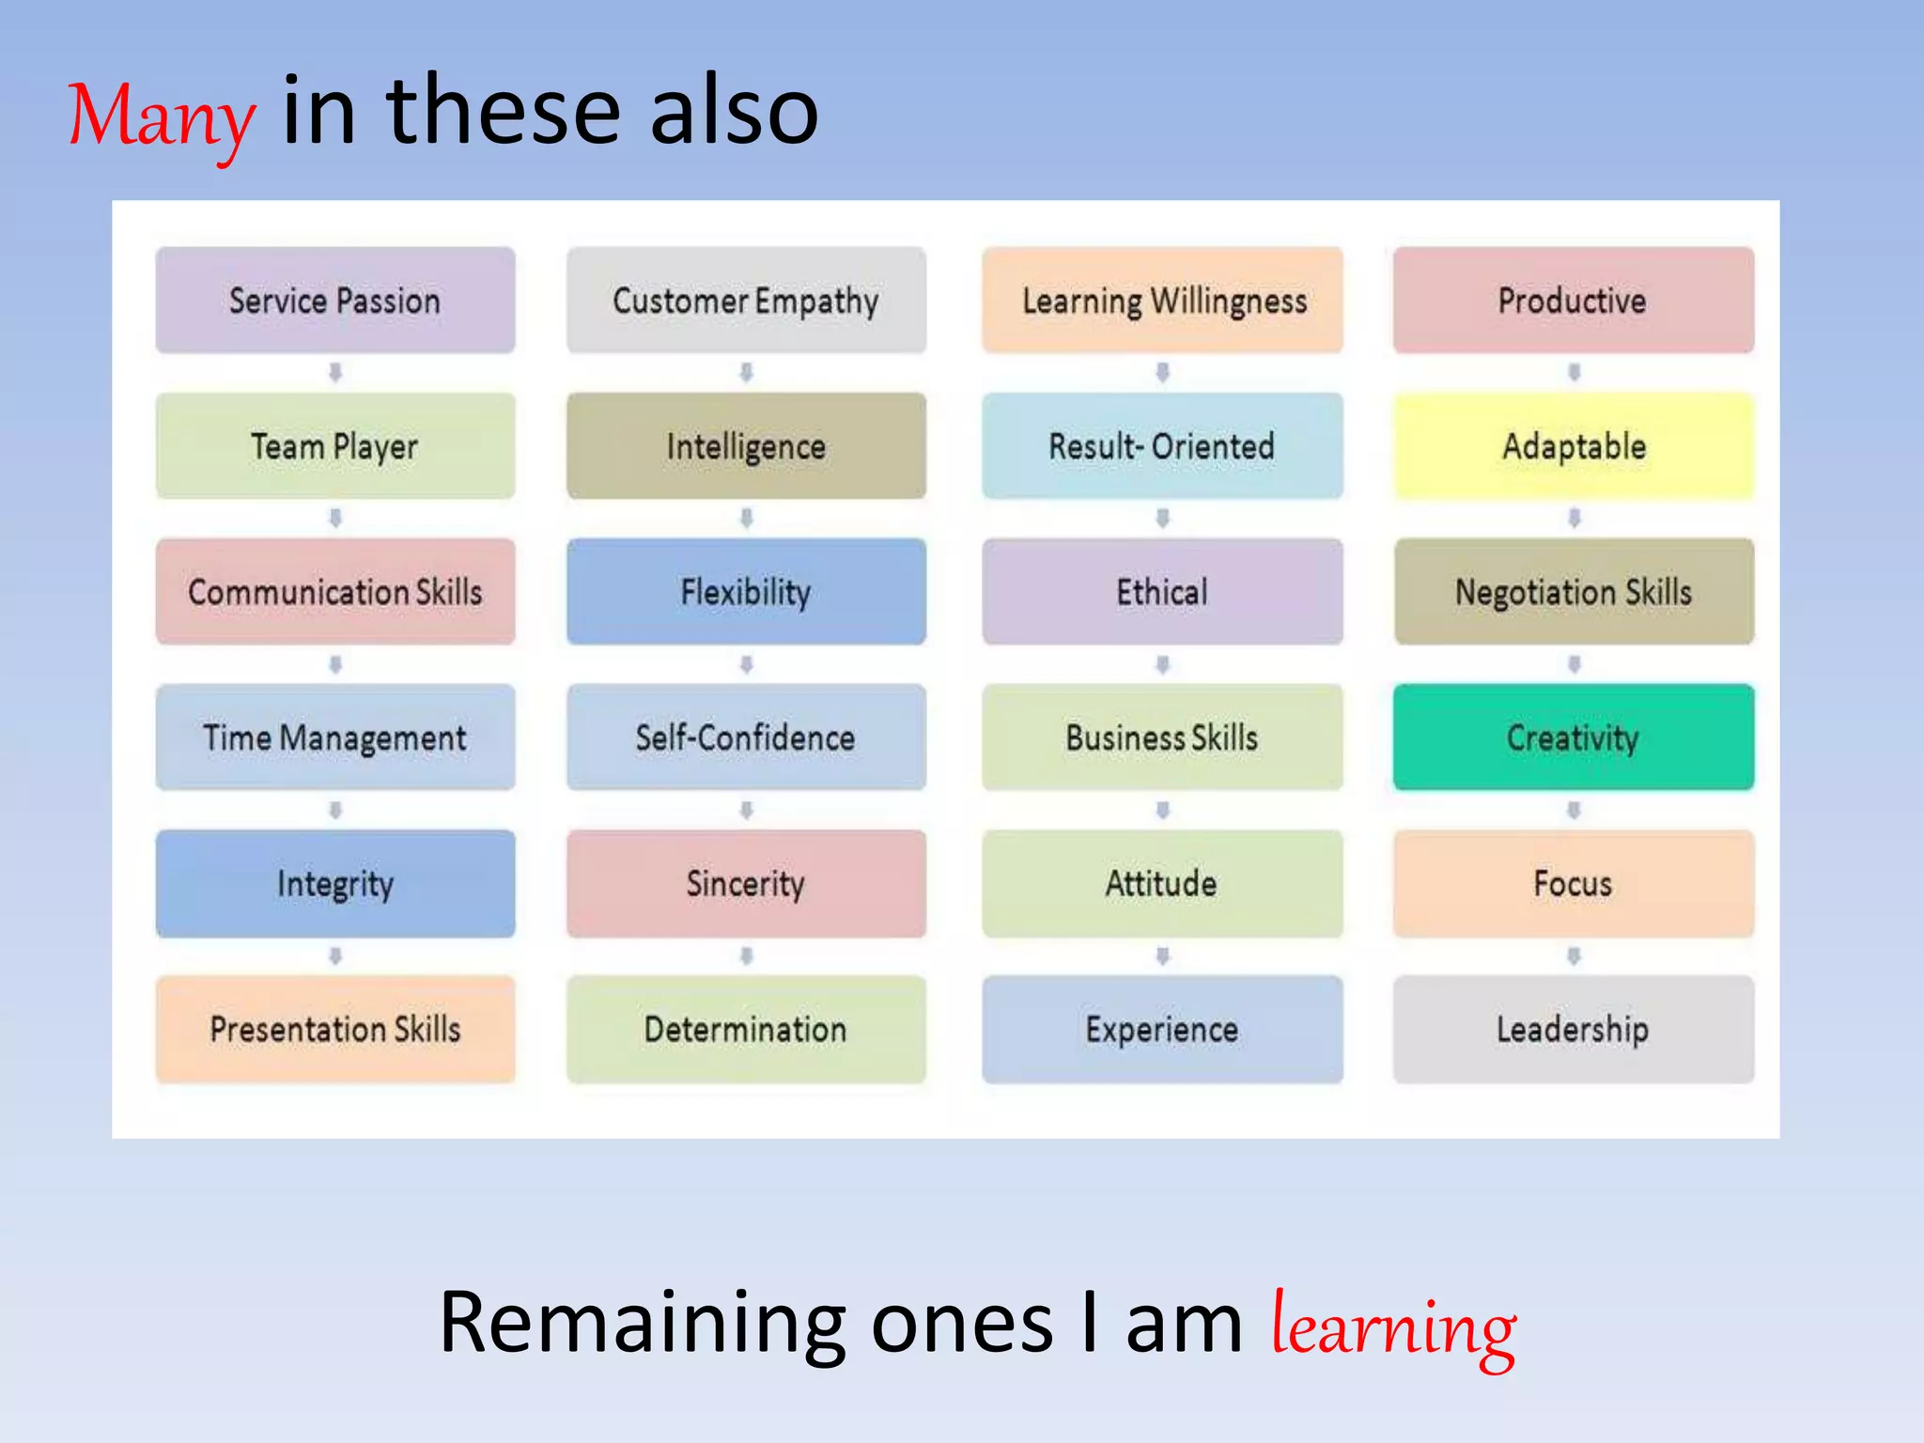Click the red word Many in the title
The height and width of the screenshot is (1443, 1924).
pos(162,116)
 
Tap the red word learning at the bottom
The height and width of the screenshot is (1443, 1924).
pos(1393,1326)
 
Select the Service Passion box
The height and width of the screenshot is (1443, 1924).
pos(335,301)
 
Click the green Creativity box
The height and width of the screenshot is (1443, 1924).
pos(1574,737)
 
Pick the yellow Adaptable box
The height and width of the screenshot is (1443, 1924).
pos(1574,446)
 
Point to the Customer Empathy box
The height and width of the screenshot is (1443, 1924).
pos(746,301)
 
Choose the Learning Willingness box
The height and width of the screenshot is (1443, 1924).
pos(1163,301)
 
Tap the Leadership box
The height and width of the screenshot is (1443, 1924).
pos(1574,1029)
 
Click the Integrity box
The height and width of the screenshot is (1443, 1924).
pos(335,883)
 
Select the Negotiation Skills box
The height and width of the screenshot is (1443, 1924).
pos(1574,592)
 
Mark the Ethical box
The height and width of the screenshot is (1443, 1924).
pos(1163,592)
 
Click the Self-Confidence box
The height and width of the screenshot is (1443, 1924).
pos(746,737)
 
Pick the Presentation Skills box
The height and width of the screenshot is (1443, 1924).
pos(335,1029)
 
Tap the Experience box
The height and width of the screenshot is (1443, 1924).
pos(1163,1029)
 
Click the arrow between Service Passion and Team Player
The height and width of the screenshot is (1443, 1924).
pos(335,373)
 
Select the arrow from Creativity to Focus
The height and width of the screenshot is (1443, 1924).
pos(1575,810)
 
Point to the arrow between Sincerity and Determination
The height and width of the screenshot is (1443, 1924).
pos(747,956)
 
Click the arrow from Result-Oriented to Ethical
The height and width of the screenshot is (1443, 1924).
pos(1163,518)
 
